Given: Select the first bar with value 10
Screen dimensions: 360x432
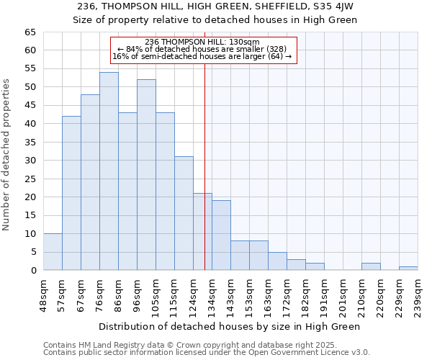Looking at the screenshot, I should tap(53, 252).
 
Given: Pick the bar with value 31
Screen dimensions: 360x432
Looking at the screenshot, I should tap(184, 213).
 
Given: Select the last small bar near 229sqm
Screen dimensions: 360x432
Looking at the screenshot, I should tap(408, 269).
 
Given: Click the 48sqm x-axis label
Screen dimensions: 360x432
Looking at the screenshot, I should tap(43, 294).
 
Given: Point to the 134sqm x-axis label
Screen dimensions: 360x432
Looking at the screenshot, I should tap(212, 294).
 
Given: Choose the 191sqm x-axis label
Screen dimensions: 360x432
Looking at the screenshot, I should tap(324, 294).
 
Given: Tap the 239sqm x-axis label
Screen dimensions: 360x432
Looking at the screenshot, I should tap(418, 294).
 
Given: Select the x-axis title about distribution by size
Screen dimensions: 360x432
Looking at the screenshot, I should tap(230, 326).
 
